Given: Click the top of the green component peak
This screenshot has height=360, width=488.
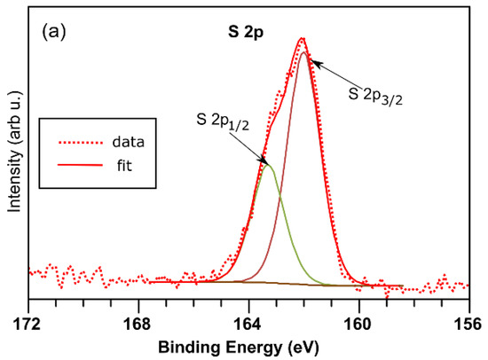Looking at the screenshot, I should coord(268,165).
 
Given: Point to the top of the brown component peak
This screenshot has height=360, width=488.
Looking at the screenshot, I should coord(304,52).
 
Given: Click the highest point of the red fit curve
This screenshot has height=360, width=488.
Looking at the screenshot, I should coord(303,38).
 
